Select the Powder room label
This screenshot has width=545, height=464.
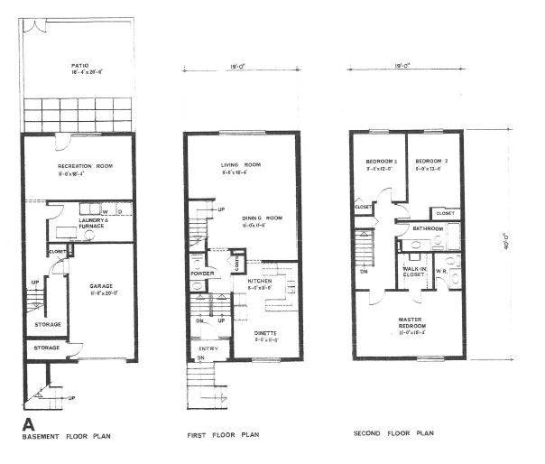[200, 274]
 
